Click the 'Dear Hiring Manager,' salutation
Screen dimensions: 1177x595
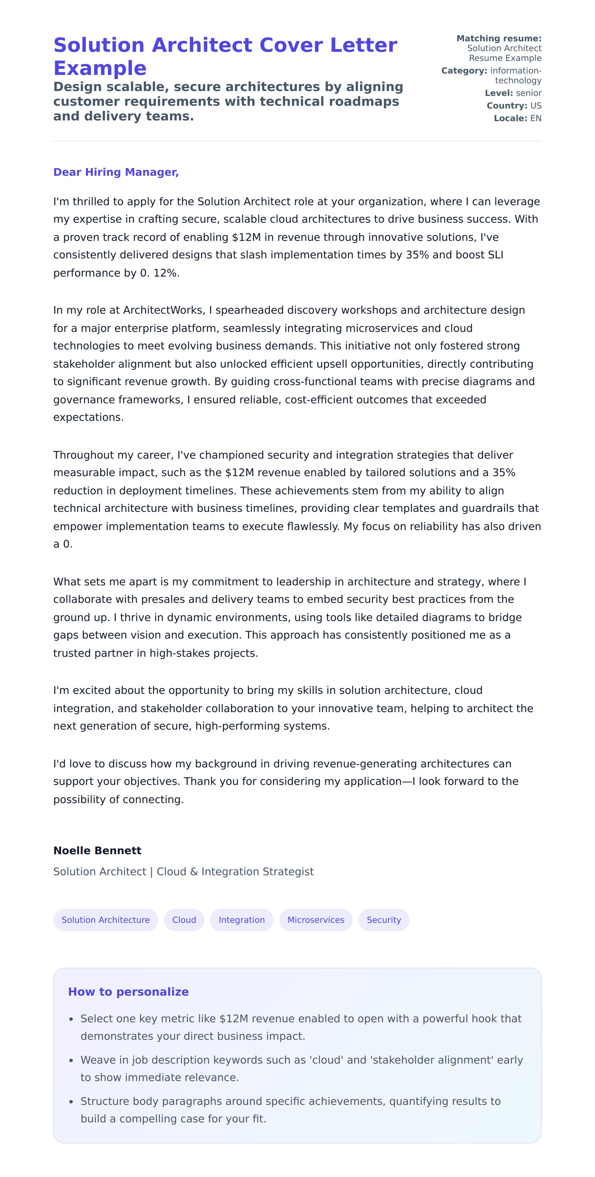(x=115, y=172)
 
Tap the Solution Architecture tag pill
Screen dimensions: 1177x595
(x=105, y=920)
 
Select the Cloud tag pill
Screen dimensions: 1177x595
(x=184, y=920)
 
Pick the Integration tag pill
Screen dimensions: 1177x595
(x=241, y=920)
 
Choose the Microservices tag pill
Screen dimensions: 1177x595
(x=316, y=920)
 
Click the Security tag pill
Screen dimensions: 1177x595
(x=384, y=920)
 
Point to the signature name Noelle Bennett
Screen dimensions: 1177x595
(x=97, y=850)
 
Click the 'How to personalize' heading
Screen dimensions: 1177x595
(x=128, y=991)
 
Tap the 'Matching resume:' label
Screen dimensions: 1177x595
(x=499, y=39)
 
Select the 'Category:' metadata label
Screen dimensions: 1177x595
(x=464, y=70)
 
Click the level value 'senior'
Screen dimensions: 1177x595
(x=528, y=93)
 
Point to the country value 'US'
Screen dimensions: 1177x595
(x=535, y=105)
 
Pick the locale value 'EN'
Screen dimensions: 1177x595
(x=535, y=118)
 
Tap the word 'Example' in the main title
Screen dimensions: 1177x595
(x=100, y=68)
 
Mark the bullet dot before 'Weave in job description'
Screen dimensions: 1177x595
(x=71, y=1060)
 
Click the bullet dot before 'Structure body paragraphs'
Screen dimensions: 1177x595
(x=71, y=1102)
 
